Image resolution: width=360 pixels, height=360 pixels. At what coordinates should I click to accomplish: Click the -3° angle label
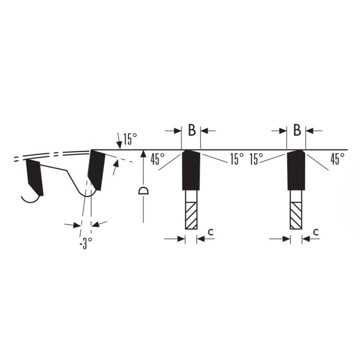tap(86, 243)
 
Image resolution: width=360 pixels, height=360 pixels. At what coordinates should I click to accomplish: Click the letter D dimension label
tap(144, 190)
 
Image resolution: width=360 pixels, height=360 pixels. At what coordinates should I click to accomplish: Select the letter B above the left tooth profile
tap(192, 130)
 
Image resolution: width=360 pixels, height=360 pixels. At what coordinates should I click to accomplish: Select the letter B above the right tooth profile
tap(297, 130)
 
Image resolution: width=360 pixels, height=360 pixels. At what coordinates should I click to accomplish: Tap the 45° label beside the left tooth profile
tap(158, 159)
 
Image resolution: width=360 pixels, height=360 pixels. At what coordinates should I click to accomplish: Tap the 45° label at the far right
tap(337, 159)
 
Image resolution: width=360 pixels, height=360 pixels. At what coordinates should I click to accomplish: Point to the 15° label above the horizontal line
tap(130, 139)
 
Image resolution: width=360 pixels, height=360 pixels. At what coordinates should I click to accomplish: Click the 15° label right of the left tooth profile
tap(237, 159)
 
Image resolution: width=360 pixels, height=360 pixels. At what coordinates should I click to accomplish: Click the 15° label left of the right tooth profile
tap(256, 159)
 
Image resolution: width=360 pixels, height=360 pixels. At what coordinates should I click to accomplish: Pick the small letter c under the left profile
tap(211, 232)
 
